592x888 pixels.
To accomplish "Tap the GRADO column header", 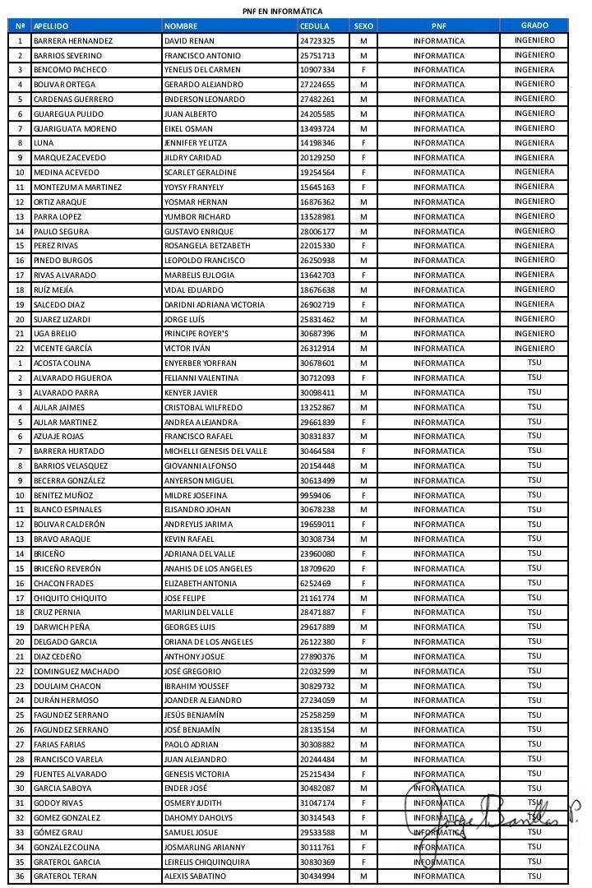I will click(534, 25).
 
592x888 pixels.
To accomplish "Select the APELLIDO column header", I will click(51, 26).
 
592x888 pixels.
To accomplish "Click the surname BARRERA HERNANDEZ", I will click(73, 40).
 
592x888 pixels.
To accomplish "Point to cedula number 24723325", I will click(317, 40).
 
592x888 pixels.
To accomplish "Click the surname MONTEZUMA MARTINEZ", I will click(77, 187).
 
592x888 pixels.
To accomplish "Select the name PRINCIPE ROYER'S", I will click(199, 334).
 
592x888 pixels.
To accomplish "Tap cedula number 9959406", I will click(315, 495).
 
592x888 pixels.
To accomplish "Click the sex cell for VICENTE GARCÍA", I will click(363, 349).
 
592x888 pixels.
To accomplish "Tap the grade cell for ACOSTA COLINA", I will click(534, 363).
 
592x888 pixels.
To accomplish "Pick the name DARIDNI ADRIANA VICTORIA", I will click(215, 304).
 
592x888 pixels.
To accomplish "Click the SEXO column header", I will click(363, 26).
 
